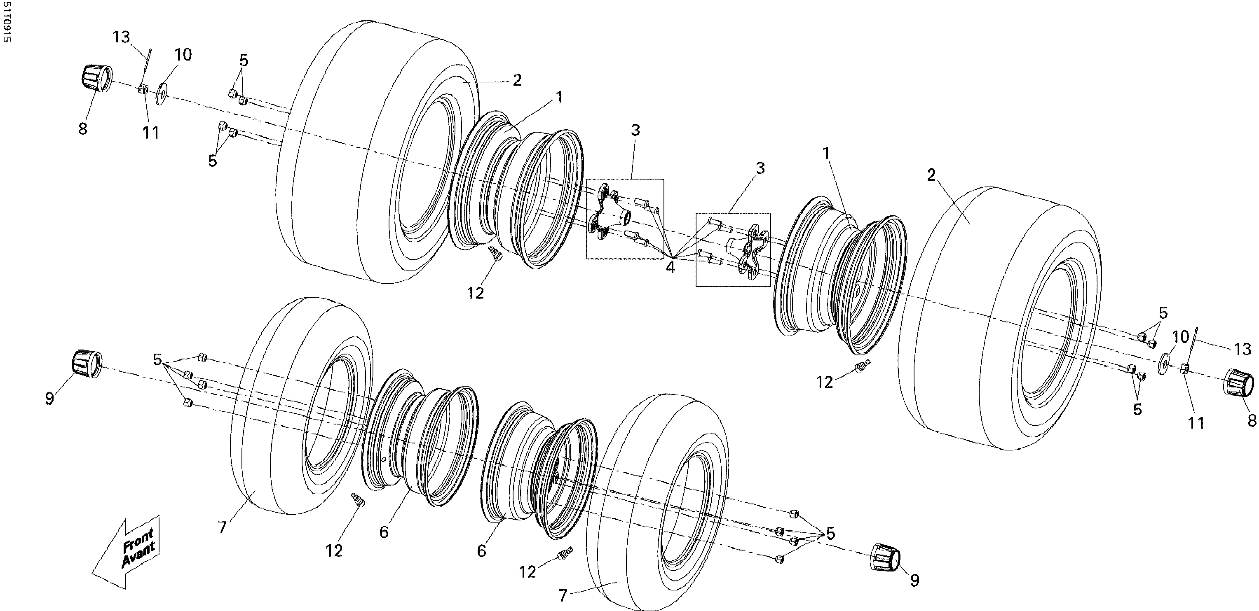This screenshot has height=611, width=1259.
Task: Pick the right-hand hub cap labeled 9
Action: coord(885,556)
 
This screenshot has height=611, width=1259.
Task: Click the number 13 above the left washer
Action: coord(122,37)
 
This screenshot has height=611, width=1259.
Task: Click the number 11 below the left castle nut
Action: coord(150,132)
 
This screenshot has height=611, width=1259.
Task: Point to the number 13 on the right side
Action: coord(1241,349)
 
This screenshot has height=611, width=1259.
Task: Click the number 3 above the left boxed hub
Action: coord(635,131)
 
